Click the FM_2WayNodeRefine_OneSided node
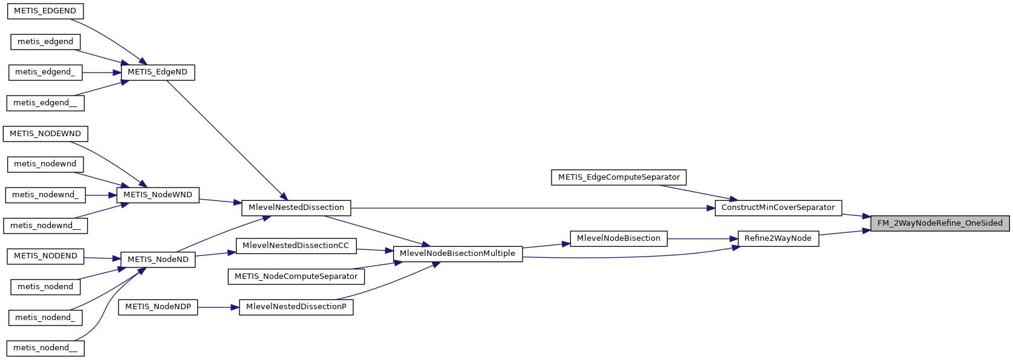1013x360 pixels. (x=940, y=223)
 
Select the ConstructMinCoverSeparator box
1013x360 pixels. (x=778, y=208)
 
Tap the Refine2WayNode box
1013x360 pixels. (x=778, y=238)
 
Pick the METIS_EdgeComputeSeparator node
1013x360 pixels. (x=619, y=177)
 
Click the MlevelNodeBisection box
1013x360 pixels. (x=619, y=238)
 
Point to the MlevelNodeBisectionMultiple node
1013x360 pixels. (x=457, y=254)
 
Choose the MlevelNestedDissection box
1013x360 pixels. (x=296, y=208)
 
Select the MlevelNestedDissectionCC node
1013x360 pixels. (x=296, y=246)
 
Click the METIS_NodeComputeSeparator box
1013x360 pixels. (x=296, y=277)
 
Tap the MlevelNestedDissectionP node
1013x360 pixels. (x=296, y=307)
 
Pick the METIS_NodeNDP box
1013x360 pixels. (x=158, y=307)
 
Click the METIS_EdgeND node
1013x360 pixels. (x=157, y=72)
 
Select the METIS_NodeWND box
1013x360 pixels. (x=157, y=195)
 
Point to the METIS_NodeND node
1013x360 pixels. (x=158, y=260)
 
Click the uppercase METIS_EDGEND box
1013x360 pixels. (x=45, y=11)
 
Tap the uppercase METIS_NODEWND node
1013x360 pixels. (x=45, y=134)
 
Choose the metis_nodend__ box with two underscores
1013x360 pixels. (x=45, y=348)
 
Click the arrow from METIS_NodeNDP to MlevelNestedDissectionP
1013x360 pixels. (x=218, y=307)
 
